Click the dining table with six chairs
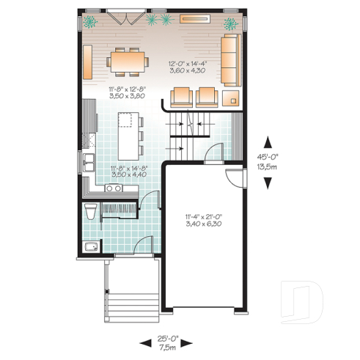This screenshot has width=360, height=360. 128,62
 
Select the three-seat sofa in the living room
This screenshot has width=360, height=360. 229,59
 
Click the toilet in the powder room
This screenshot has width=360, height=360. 89,213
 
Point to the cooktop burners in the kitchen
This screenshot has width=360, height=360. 114,188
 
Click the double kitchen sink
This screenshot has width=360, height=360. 89,162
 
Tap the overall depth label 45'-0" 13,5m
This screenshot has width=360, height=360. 270,161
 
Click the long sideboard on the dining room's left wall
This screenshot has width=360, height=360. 87,62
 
